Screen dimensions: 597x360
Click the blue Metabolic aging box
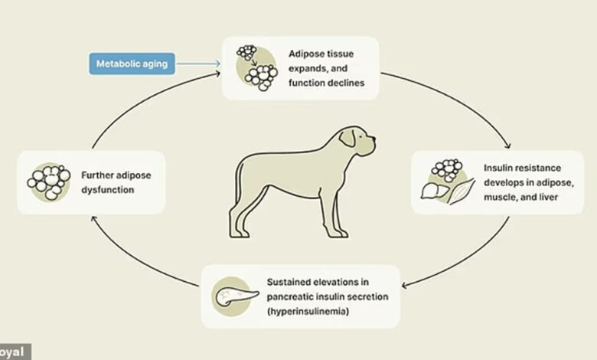pyautogui.click(x=132, y=64)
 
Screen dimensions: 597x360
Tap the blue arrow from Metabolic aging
pyautogui.click(x=199, y=64)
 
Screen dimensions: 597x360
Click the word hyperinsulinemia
pyautogui.click(x=308, y=311)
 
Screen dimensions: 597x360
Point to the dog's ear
pyautogui.click(x=347, y=138)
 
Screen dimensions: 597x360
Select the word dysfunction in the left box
pyautogui.click(x=108, y=190)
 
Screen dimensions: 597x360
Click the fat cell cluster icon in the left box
pyautogui.click(x=49, y=182)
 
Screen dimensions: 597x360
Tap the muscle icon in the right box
pyautogui.click(x=462, y=191)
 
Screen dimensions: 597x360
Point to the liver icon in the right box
pyautogui.click(x=436, y=191)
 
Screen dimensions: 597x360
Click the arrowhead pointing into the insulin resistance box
pyautogui.click(x=508, y=146)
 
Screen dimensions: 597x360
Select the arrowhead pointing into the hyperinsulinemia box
pyautogui.click(x=405, y=285)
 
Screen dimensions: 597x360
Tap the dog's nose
pyautogui.click(x=374, y=139)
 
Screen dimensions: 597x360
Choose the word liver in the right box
pyautogui.click(x=549, y=197)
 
